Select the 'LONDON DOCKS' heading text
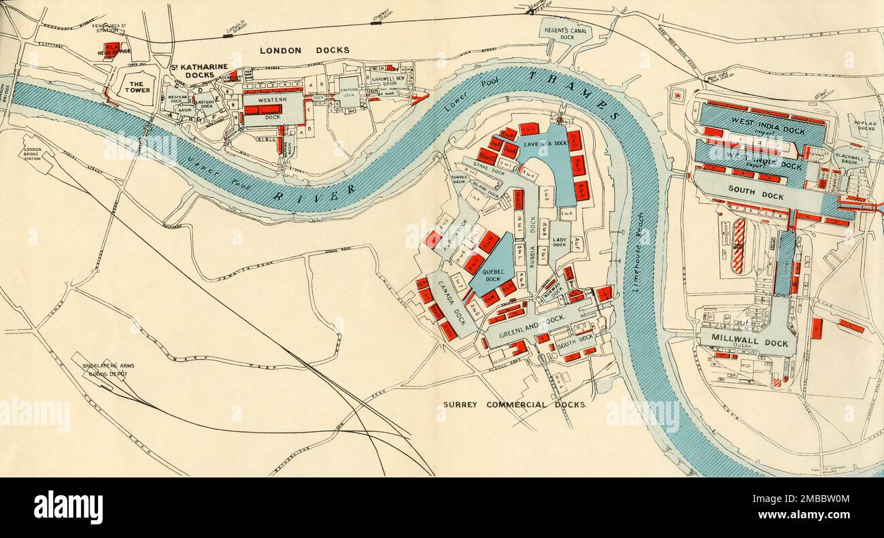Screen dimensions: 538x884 (x=305, y=50)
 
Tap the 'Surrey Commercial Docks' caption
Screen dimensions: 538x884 (x=515, y=404)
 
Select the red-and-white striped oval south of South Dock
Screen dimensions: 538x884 (x=738, y=246)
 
